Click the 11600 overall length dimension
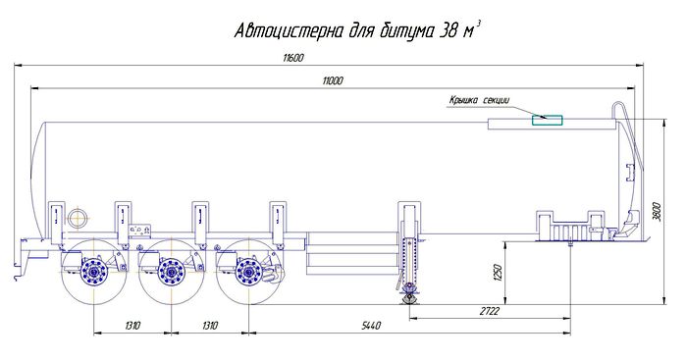point(292,58)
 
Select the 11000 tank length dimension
point(333,80)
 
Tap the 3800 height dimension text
point(658,211)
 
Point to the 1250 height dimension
point(499,272)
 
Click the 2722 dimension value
point(489,311)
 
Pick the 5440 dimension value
point(371,326)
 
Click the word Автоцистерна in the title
point(289,31)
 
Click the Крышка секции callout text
point(480,100)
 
